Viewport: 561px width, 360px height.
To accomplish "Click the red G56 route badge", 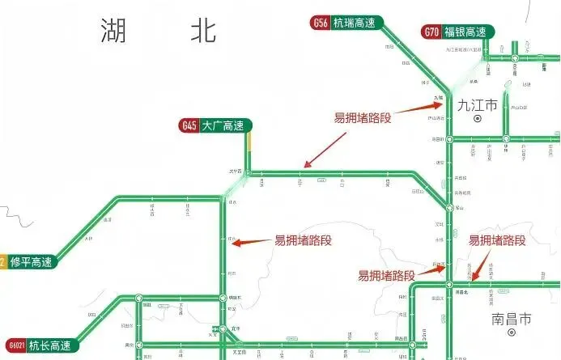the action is [320, 23].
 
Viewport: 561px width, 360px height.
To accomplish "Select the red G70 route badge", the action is [431, 32].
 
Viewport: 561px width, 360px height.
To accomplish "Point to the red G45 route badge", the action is [189, 125].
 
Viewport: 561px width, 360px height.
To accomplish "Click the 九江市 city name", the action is [477, 104].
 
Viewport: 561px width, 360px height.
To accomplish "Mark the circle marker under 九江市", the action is [478, 119].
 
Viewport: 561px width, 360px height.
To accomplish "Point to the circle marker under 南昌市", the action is [511, 332].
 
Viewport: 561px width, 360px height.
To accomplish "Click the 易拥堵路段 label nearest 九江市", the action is [363, 118].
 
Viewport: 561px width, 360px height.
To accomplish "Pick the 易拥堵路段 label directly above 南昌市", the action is [497, 240].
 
